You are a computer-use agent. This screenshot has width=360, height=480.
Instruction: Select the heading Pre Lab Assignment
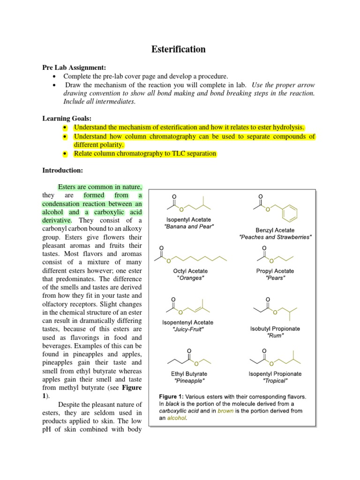[x=75, y=68]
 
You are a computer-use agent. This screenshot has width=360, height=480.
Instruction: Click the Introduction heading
[x=62, y=170]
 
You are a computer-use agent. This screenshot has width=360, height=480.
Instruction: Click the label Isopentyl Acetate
[x=189, y=220]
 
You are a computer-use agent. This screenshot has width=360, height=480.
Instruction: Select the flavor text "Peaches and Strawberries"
[x=275, y=238]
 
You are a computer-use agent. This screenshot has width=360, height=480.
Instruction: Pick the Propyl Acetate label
[x=275, y=271]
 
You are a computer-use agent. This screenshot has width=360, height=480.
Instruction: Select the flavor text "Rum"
[x=275, y=336]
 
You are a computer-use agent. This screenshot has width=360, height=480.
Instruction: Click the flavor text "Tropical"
[x=275, y=381]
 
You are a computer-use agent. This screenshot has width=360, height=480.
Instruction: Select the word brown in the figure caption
[x=226, y=411]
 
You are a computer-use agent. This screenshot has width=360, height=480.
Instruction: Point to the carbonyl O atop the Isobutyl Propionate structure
[x=268, y=299]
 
